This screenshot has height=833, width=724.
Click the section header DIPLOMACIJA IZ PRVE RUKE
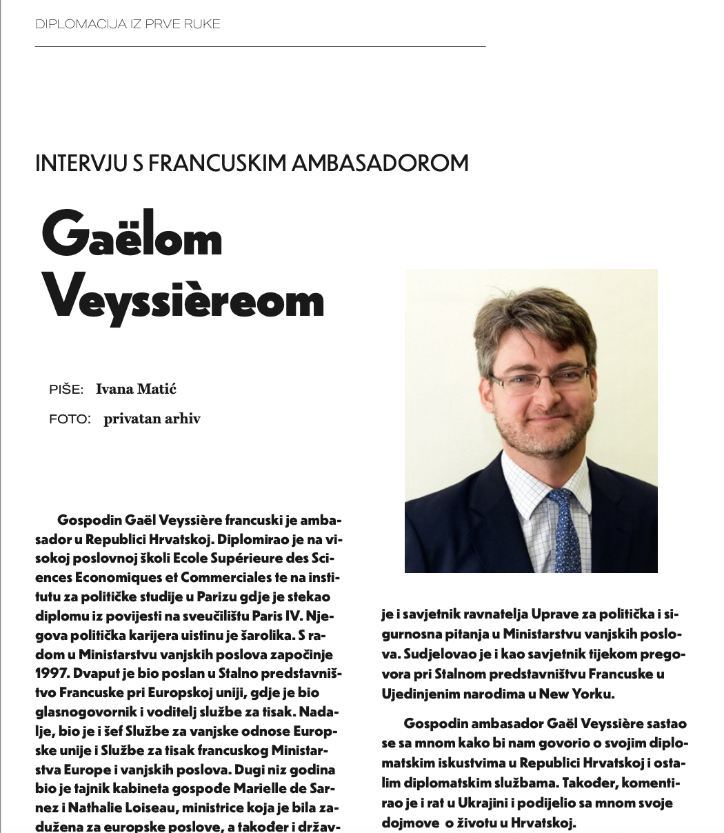(128, 24)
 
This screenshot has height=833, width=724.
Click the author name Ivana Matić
(136, 389)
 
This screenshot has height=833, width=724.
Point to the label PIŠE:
(66, 390)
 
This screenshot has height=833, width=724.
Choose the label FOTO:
(70, 419)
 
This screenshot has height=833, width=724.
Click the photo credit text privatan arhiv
(152, 419)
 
